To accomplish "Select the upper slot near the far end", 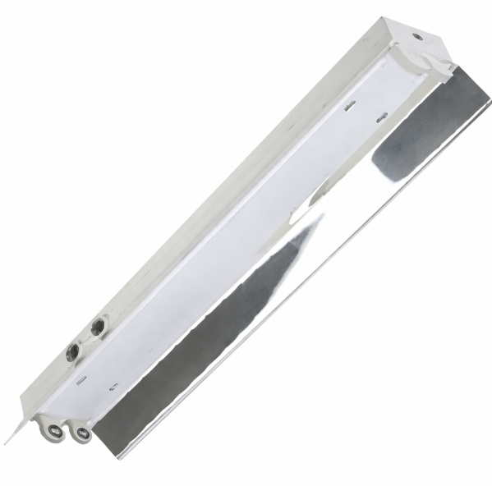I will pos(350,104).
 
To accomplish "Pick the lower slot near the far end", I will pos(381,120).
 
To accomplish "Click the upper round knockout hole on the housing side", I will pos(98,327).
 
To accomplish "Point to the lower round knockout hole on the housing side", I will pos(72,354).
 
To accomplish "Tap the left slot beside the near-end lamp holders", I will pos(81,379).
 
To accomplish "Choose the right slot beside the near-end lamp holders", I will pos(113,386).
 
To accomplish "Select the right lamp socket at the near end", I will pos(80,433).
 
